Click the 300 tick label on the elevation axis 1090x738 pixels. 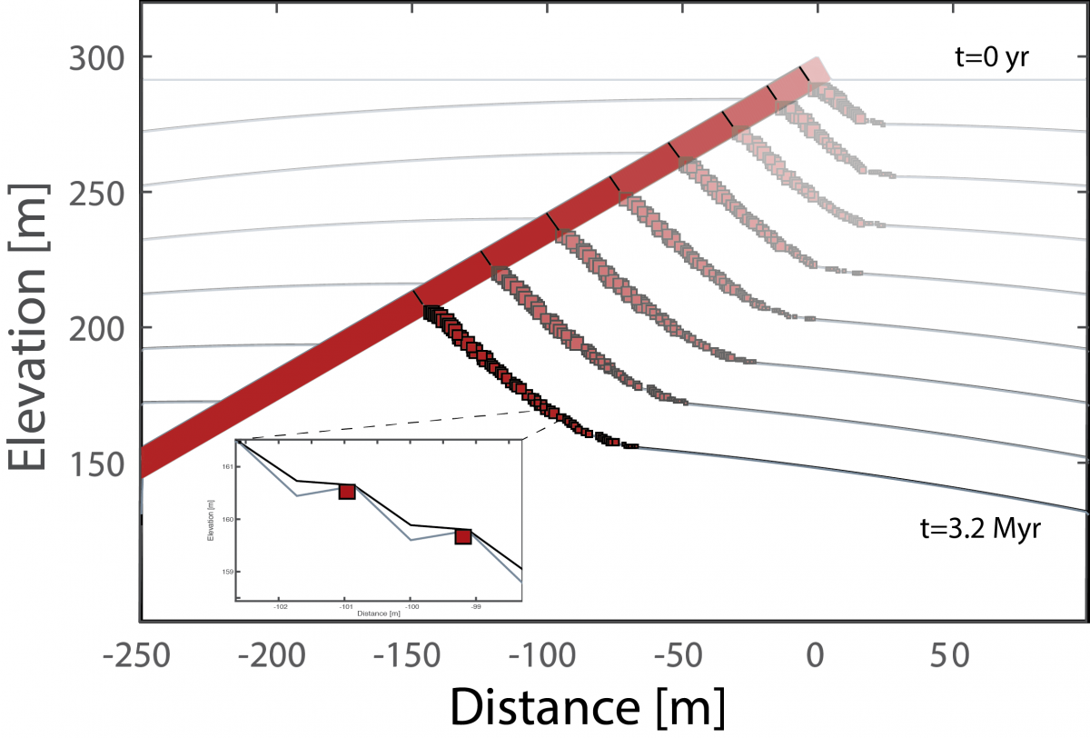pyautogui.click(x=97, y=57)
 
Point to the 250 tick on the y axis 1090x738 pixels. pyautogui.click(x=97, y=193)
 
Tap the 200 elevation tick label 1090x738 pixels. pyautogui.click(x=97, y=327)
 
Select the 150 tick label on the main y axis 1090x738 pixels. pyautogui.click(x=97, y=464)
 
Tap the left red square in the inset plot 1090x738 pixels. pyautogui.click(x=347, y=492)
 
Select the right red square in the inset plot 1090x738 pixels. pyautogui.click(x=463, y=536)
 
